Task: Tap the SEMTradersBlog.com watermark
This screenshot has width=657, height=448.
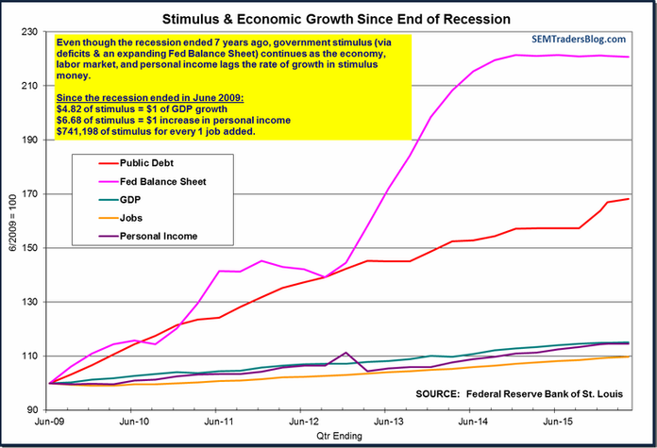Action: (577, 39)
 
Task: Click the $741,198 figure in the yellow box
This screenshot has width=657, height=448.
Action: (80, 131)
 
